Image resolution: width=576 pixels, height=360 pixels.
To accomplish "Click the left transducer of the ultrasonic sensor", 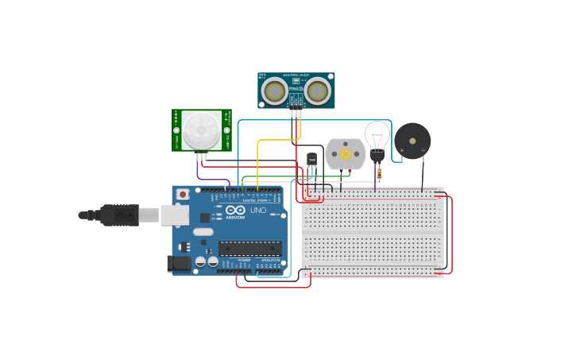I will click(275, 91).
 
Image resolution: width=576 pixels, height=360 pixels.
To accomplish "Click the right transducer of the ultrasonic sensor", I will click(317, 91).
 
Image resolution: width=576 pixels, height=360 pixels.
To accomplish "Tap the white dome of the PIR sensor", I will click(201, 130).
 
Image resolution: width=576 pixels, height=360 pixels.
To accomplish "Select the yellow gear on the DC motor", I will click(345, 153).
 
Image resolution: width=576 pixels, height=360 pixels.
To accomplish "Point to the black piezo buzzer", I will click(412, 141).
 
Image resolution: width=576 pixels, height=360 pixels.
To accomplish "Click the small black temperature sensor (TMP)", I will click(311, 159).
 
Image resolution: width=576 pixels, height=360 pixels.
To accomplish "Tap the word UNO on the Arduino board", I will click(258, 210).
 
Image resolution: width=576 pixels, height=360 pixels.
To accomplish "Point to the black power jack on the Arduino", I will click(179, 263).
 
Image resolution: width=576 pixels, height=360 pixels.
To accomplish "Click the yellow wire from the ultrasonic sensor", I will click(258, 159).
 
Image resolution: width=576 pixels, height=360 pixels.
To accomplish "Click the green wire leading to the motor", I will click(294, 176).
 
